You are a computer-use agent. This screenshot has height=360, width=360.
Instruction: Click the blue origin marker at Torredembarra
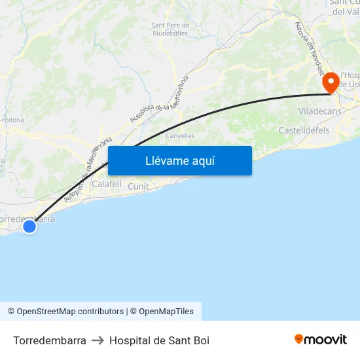point(29,226)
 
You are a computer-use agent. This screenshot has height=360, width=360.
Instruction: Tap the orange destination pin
point(331,82)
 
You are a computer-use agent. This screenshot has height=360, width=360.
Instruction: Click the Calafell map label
point(107,185)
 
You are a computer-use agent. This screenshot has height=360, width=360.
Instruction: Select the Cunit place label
point(139,187)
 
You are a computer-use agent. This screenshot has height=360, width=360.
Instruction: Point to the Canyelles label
point(180,136)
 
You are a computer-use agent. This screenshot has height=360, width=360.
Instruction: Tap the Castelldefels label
point(304,131)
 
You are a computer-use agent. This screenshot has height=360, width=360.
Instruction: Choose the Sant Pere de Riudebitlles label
point(170,29)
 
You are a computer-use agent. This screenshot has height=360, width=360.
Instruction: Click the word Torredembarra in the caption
point(50,340)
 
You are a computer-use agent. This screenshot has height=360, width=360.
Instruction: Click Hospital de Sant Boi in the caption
point(159,340)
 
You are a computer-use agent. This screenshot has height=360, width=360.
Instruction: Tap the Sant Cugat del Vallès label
point(345,7)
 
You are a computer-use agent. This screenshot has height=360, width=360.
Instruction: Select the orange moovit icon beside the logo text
point(299,339)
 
